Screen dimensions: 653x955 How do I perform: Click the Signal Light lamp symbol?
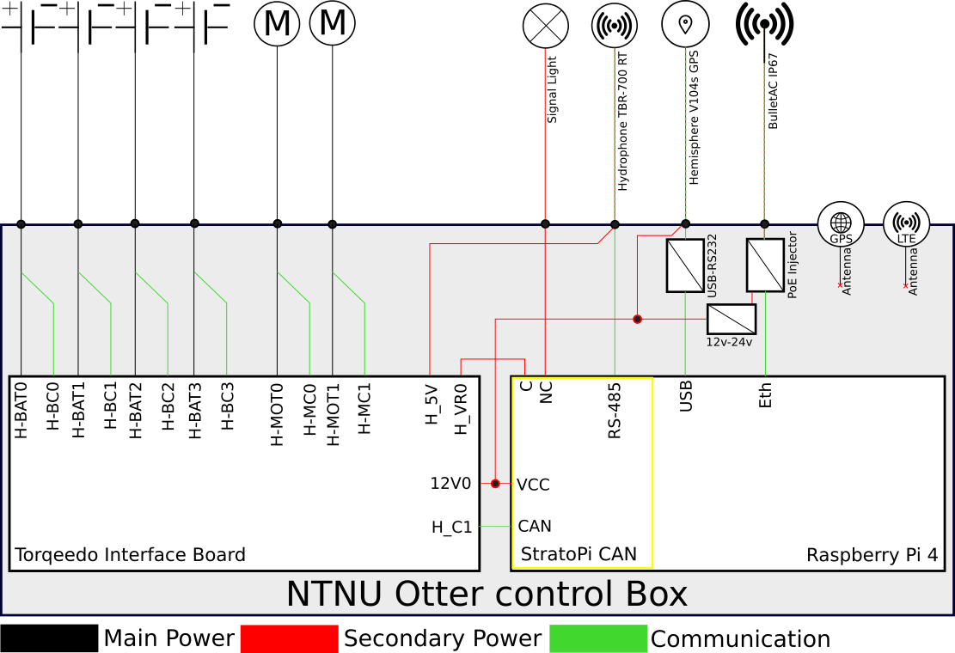(546, 25)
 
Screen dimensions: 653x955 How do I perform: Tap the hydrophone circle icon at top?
(615, 25)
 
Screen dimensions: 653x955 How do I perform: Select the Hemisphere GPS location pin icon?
(685, 25)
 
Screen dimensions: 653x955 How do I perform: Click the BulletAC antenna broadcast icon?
(764, 25)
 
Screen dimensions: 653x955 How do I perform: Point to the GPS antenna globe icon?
(840, 225)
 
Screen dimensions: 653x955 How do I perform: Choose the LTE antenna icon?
(906, 225)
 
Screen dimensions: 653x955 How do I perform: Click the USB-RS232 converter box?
(685, 265)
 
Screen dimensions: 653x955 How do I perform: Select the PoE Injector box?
(764, 265)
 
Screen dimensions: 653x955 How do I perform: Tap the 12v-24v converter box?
(731, 319)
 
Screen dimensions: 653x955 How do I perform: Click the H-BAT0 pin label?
(21, 411)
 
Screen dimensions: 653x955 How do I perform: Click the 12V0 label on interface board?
(450, 484)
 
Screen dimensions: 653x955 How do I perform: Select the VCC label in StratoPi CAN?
(533, 485)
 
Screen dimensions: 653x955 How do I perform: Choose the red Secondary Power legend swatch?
(289, 638)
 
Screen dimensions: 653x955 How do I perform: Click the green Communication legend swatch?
(598, 638)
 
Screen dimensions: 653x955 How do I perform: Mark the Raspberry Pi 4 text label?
(872, 555)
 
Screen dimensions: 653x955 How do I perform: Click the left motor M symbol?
(277, 24)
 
